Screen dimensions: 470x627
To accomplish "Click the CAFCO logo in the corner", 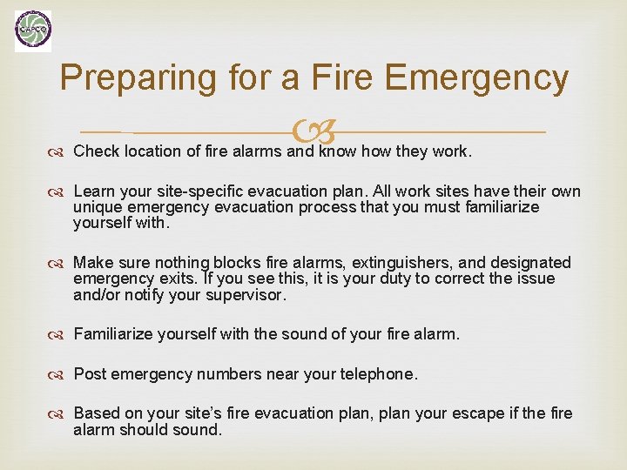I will point(33,31).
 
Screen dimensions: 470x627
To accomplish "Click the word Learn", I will point(95,191).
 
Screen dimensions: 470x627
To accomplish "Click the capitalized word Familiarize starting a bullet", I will point(116,333).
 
